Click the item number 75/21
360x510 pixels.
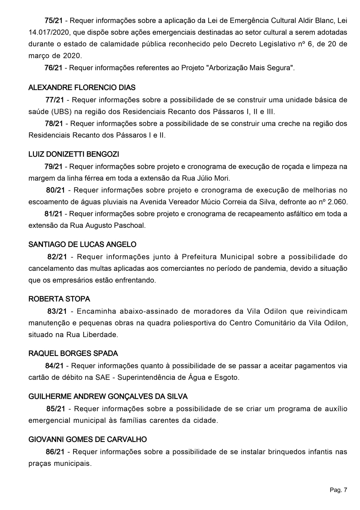click(x=53, y=21)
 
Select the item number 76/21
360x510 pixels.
click(x=53, y=68)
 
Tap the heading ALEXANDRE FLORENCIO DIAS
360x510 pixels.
click(x=82, y=87)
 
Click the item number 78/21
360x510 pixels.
click(x=54, y=124)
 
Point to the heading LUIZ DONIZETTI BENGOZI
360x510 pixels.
click(x=74, y=154)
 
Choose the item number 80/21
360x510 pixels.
click(x=55, y=190)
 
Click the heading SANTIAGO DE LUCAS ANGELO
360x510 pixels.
click(x=82, y=244)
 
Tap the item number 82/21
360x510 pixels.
click(x=57, y=257)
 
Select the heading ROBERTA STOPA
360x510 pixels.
click(x=59, y=299)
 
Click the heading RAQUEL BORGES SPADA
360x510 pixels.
click(x=73, y=354)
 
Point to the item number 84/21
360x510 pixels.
click(x=54, y=366)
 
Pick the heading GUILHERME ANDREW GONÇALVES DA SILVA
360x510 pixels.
click(x=108, y=397)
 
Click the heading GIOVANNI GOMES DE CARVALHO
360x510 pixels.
click(x=88, y=439)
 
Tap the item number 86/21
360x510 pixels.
click(x=55, y=452)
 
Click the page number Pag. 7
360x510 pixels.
click(x=338, y=490)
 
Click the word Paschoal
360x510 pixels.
click(x=131, y=226)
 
